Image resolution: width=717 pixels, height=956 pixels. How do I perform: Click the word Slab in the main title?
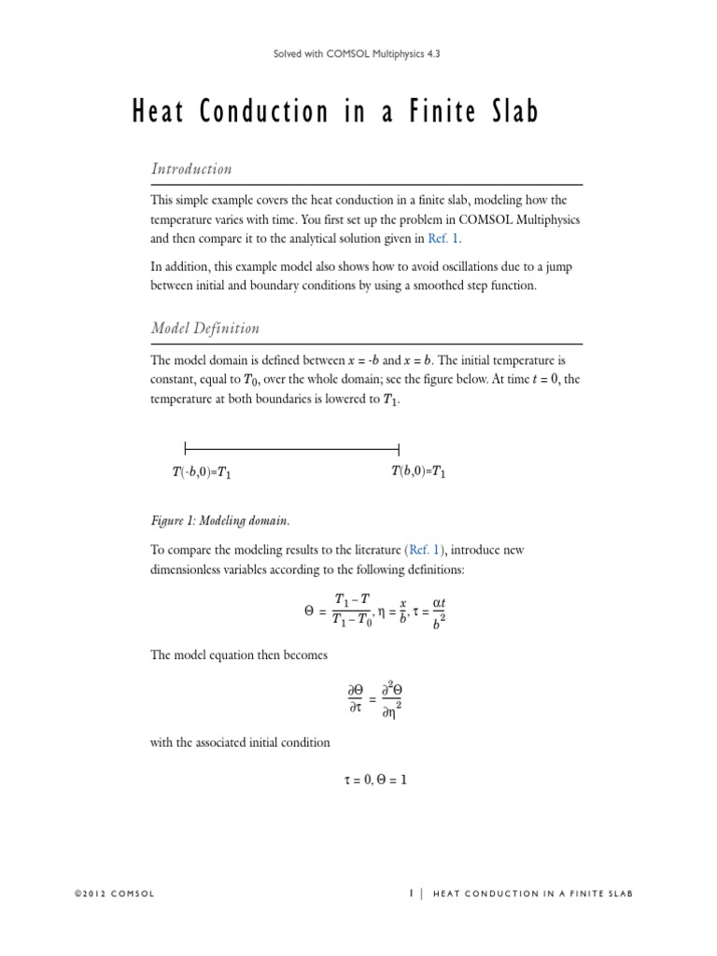(x=509, y=114)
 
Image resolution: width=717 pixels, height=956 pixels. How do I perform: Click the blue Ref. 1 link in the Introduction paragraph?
(x=444, y=238)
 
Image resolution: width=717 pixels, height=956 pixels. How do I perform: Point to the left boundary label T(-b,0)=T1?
(x=201, y=474)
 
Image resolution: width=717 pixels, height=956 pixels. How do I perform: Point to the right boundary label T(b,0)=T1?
(x=417, y=473)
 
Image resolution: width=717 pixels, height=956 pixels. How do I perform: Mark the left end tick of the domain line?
(x=186, y=447)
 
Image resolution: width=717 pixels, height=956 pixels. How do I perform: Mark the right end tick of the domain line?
(x=399, y=447)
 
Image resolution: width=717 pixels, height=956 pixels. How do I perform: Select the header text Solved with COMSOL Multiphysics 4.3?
(x=358, y=54)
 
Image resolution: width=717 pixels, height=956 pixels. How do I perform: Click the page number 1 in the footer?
(x=411, y=893)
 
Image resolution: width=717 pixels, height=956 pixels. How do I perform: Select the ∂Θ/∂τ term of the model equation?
(x=356, y=697)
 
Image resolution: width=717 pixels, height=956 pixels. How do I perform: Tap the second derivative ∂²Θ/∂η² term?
(x=396, y=698)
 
